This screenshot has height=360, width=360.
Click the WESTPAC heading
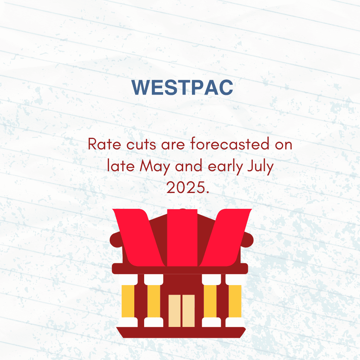(x=182, y=87)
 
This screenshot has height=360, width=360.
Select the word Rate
(x=104, y=144)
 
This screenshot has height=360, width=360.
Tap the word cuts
(x=141, y=144)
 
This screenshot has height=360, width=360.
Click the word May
(x=155, y=166)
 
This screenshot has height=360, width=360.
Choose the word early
(x=225, y=166)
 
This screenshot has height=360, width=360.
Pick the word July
(x=261, y=166)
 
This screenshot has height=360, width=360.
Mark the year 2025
(x=188, y=187)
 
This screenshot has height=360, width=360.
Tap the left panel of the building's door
(x=174, y=311)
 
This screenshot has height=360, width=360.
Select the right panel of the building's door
(x=188, y=311)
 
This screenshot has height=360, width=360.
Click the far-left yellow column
(x=128, y=301)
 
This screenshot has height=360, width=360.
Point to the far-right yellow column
(x=235, y=301)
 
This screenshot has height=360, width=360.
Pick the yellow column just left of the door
(x=154, y=301)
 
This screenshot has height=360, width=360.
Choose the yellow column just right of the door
(x=210, y=301)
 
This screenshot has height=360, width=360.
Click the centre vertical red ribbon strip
(x=182, y=238)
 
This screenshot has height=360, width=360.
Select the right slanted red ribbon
(x=225, y=238)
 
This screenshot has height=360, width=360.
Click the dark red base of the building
(x=181, y=333)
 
